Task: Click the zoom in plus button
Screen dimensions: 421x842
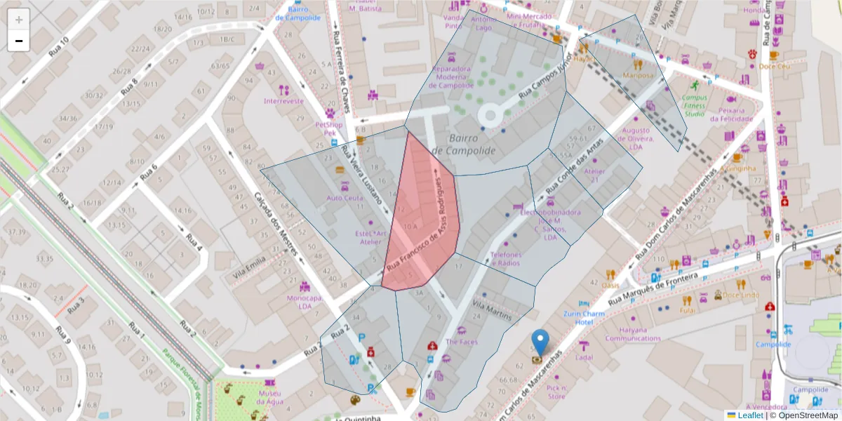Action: tap(19, 20)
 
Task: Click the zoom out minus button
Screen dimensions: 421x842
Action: tap(19, 41)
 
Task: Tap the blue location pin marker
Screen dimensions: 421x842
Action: tap(540, 343)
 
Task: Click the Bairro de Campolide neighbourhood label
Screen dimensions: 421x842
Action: tap(464, 145)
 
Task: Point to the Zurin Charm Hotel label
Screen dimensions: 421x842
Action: tap(584, 317)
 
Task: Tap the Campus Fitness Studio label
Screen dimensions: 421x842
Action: tap(694, 105)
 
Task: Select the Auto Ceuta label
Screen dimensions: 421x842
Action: tap(345, 198)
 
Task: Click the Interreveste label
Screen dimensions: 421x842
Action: tap(283, 100)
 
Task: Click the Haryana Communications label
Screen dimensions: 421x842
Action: tap(632, 333)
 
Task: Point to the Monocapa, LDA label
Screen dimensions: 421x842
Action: tap(305, 302)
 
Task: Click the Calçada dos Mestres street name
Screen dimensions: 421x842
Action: tap(276, 223)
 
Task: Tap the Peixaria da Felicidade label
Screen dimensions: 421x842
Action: tap(736, 114)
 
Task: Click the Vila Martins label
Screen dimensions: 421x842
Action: tap(492, 310)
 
